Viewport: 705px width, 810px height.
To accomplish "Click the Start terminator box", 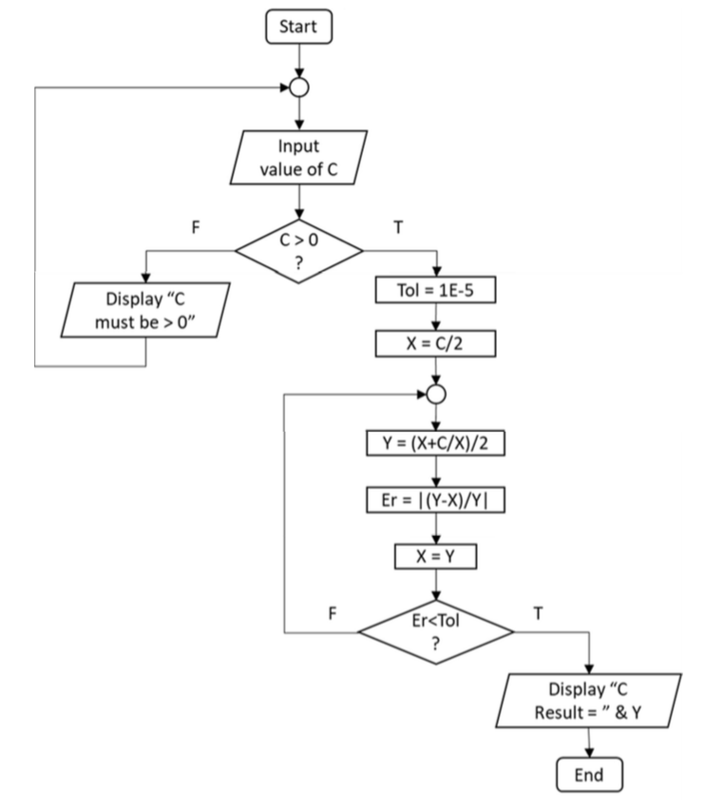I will [300, 28].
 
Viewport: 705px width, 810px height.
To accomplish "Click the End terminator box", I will [590, 774].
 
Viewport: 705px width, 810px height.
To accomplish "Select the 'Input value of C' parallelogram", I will [300, 159].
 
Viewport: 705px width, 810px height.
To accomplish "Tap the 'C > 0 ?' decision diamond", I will [300, 251].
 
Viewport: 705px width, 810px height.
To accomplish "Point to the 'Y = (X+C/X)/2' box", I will [435, 442].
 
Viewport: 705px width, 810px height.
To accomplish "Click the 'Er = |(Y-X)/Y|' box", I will [435, 502].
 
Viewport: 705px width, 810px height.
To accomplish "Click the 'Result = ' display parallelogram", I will [590, 700].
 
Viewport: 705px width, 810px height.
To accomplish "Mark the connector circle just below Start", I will [300, 87].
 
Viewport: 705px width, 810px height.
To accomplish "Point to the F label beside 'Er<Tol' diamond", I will [333, 613].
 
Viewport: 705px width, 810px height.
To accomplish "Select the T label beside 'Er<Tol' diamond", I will [539, 613].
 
